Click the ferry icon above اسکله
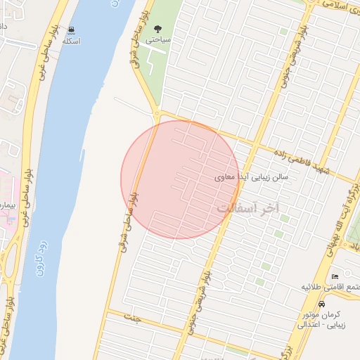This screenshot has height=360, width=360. [71, 30]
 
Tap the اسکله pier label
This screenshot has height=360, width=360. [71, 41]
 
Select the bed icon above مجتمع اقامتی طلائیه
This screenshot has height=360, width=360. [335, 276]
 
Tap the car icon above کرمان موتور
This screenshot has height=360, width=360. [322, 304]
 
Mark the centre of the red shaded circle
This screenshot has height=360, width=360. [180, 179]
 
